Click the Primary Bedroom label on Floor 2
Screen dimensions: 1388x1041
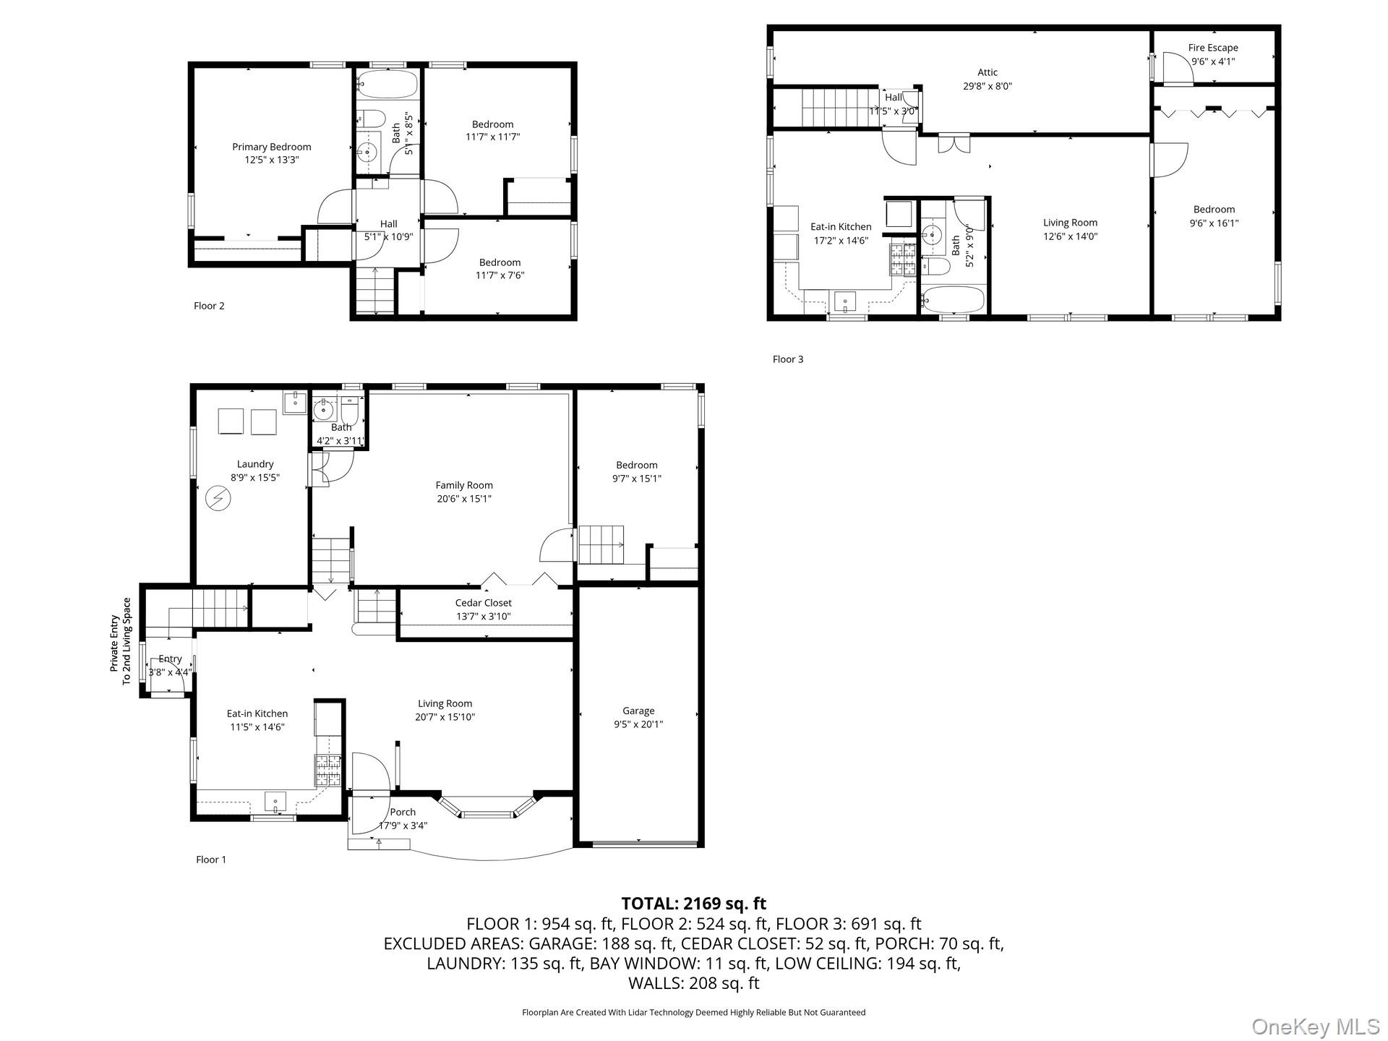tap(271, 147)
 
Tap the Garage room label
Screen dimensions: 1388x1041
tap(638, 711)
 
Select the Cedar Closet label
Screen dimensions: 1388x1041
tap(483, 603)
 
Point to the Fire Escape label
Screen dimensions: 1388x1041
tap(1213, 48)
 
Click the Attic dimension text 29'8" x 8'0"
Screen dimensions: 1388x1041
tap(988, 86)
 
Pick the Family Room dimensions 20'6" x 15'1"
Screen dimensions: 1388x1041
tap(464, 499)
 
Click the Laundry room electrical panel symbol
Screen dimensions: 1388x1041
tap(218, 498)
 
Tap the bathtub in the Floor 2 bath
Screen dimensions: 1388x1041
tap(387, 84)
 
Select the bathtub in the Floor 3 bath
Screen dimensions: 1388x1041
tap(953, 299)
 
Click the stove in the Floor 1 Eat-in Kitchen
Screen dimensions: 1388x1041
tap(327, 771)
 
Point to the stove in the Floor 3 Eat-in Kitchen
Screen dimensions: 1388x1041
tap(903, 260)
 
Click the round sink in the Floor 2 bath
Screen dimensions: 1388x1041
tap(367, 152)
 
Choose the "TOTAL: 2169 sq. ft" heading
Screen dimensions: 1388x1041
tap(694, 903)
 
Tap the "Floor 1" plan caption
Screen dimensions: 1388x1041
tap(211, 860)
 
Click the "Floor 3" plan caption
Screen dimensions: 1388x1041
tap(788, 359)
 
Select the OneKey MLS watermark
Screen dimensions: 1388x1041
tap(1316, 1027)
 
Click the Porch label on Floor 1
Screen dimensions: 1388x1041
tap(403, 812)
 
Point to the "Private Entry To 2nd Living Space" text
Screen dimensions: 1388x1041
tap(120, 641)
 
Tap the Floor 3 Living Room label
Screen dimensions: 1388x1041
tap(1070, 223)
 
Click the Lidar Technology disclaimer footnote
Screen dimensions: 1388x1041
tap(694, 1013)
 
